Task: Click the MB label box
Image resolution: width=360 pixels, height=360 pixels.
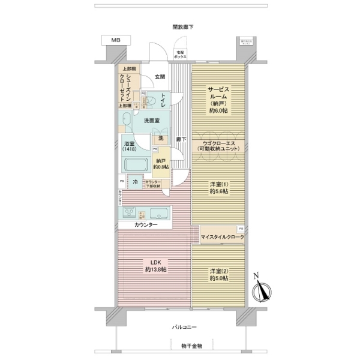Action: coord(115,40)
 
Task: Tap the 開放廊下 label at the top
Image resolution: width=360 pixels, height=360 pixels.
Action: coord(182,26)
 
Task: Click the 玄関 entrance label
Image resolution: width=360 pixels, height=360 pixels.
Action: coord(160,76)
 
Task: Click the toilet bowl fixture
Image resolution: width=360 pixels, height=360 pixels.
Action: coord(151,100)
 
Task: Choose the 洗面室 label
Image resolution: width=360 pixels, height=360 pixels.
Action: coord(151,121)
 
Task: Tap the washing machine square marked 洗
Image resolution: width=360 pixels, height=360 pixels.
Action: coord(160,139)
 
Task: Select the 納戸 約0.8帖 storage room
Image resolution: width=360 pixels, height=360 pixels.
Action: coord(161,164)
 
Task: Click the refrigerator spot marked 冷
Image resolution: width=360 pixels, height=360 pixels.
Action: coord(136,182)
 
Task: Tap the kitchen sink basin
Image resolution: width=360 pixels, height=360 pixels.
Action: coord(160,213)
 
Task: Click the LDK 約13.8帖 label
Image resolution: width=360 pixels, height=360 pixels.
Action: coord(155,266)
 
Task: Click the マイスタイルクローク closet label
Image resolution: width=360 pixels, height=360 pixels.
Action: coord(221,238)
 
